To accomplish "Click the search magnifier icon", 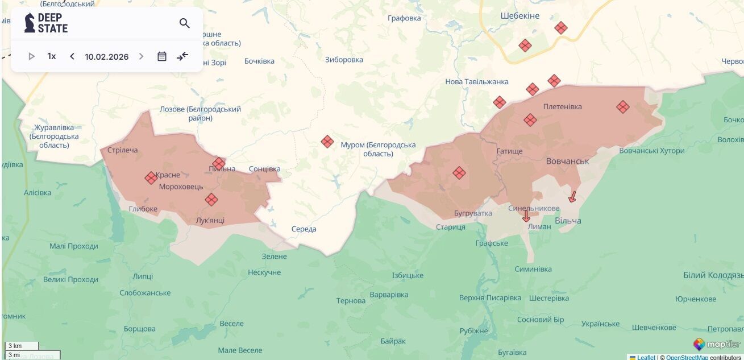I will [x=184, y=23].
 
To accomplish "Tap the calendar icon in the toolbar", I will [x=162, y=56].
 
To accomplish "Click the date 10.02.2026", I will [x=107, y=56].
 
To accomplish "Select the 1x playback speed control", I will [x=52, y=56].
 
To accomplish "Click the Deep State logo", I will [x=46, y=23].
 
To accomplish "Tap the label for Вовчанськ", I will [x=567, y=162].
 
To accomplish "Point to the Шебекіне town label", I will [x=520, y=16].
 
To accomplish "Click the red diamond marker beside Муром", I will [x=327, y=142].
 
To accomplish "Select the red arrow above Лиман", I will [x=526, y=216].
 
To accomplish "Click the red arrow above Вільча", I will [x=572, y=197].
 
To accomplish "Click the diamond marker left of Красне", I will [x=151, y=178].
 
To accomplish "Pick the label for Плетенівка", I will [x=562, y=106].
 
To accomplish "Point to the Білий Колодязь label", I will [x=713, y=275].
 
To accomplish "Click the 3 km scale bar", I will [x=22, y=346].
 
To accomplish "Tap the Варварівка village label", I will [x=389, y=295].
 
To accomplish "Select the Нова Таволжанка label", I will [x=476, y=82].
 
